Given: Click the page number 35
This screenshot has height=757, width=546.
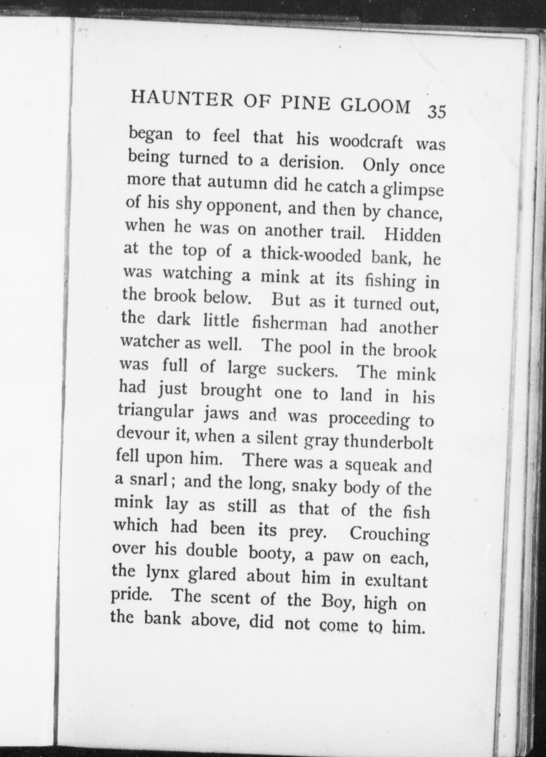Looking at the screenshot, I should [x=437, y=111].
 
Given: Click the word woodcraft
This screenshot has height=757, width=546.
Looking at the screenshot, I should [x=367, y=142].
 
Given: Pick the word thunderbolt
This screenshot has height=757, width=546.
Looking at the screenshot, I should [x=388, y=443].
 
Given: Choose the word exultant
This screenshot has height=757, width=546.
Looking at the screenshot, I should [x=396, y=581].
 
